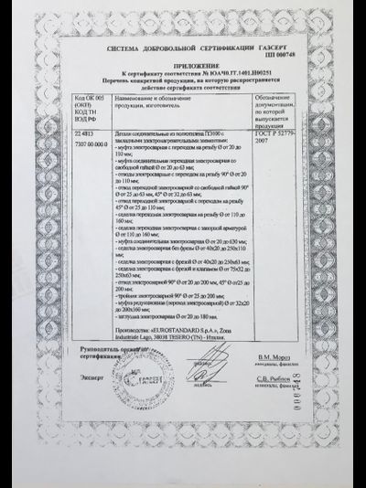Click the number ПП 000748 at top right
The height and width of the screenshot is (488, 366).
(290, 58)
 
